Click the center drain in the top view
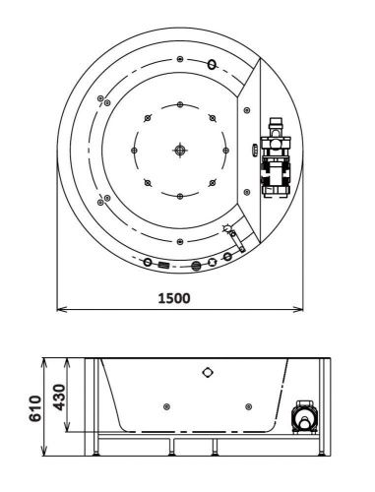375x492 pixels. point(179,150)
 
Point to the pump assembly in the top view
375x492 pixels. point(276,157)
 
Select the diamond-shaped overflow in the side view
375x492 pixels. point(207,372)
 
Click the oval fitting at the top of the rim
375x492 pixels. point(211,65)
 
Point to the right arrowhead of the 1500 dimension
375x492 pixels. point(298,311)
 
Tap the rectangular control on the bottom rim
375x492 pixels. point(163,264)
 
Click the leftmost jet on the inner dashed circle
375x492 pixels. point(134,150)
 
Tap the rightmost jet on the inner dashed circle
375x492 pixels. point(225,150)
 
